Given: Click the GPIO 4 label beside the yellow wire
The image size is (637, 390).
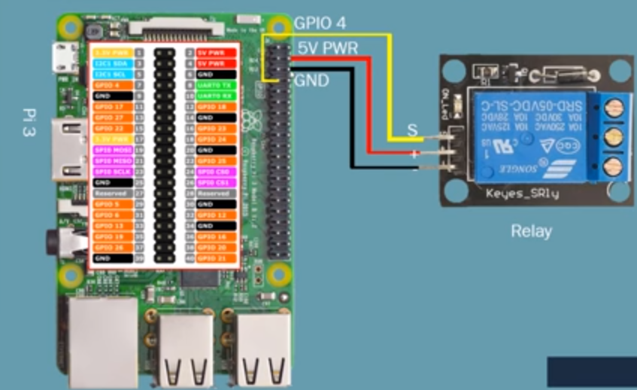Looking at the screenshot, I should click(x=319, y=23).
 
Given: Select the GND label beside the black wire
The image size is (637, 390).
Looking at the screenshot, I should click(x=311, y=80).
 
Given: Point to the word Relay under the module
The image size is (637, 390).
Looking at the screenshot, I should click(x=531, y=230).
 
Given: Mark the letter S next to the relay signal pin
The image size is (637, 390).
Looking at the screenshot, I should click(x=411, y=130).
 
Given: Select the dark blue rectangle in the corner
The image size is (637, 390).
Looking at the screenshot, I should click(x=591, y=372).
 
